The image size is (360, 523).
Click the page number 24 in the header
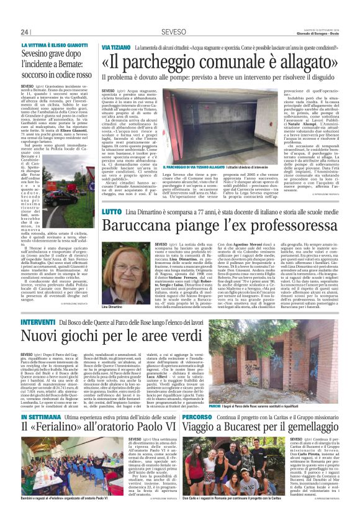pos(24,32)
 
